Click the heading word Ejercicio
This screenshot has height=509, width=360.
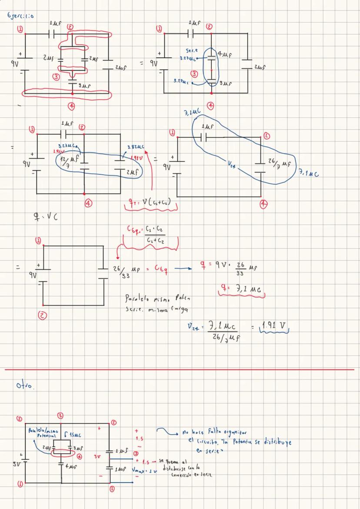(21, 17)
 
